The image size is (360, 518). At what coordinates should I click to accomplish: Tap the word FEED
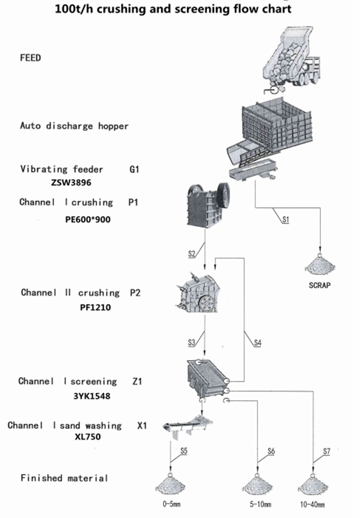pyautogui.click(x=30, y=58)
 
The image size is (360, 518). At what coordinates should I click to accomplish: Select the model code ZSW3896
pyautogui.click(x=71, y=182)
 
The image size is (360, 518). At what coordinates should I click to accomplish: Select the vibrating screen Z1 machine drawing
pyautogui.click(x=207, y=379)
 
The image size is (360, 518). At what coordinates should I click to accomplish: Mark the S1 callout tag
pyautogui.click(x=285, y=220)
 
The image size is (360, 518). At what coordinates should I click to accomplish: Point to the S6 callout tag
pyautogui.click(x=271, y=451)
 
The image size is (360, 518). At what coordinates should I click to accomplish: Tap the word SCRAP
pyautogui.click(x=320, y=285)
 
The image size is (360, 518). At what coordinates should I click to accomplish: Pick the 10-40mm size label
pyautogui.click(x=312, y=504)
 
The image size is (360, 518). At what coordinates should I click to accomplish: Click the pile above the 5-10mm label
pyautogui.click(x=257, y=485)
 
